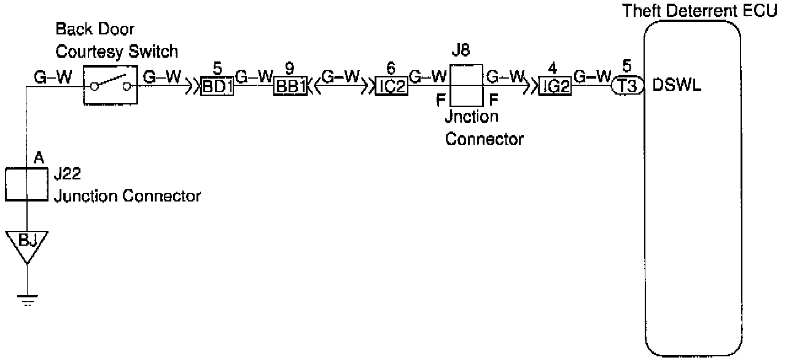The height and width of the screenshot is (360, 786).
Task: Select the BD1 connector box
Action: point(217,87)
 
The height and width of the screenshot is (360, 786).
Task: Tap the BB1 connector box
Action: point(290,87)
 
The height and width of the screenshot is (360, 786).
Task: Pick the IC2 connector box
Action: point(391,87)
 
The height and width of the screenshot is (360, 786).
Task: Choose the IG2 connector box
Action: point(554,87)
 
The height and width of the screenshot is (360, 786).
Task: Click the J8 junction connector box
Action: point(466,87)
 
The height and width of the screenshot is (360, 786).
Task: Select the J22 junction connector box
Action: point(27,184)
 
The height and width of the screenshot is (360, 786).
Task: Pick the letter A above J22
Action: point(38,158)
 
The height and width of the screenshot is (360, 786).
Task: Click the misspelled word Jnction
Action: point(472,117)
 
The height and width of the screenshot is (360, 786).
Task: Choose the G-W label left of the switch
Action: point(53,77)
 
